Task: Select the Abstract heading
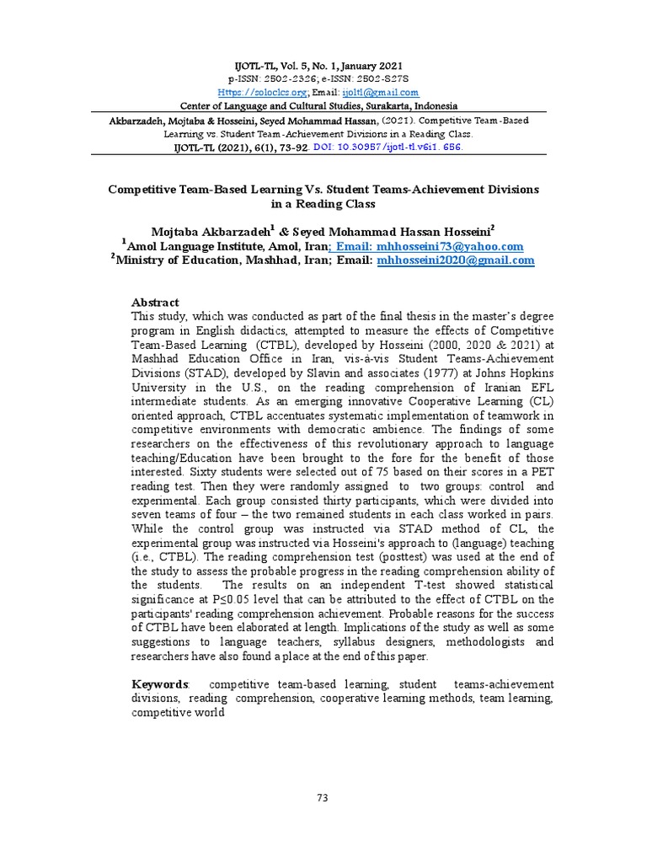[155, 303]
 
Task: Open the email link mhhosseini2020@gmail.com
[456, 260]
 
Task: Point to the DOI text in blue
[398, 147]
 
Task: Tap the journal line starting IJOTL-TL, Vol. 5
[323, 66]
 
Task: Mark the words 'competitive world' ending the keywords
[178, 712]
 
